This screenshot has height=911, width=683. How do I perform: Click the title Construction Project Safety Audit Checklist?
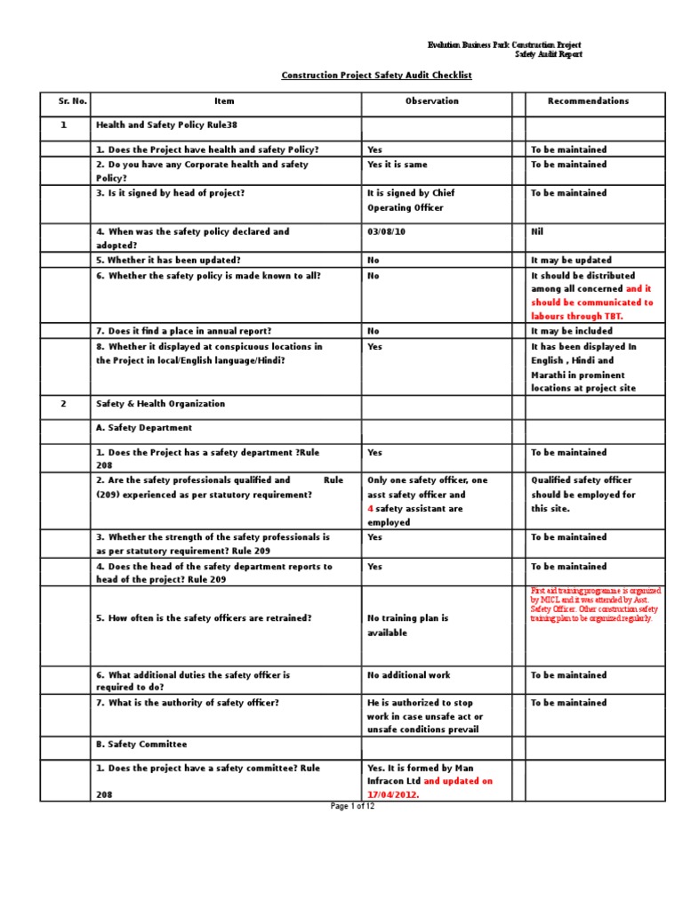376,76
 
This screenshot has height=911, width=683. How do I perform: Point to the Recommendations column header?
588,101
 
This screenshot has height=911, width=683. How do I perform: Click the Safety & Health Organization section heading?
160,404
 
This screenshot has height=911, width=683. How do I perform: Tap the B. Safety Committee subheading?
141,744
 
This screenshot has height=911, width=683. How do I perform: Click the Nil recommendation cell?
537,231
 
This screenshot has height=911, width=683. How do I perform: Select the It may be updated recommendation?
571,261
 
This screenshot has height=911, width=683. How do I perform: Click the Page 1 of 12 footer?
352,806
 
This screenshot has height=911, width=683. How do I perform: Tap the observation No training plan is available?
407,625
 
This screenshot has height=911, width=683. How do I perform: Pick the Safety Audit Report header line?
549,54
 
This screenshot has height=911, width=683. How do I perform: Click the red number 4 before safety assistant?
370,509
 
